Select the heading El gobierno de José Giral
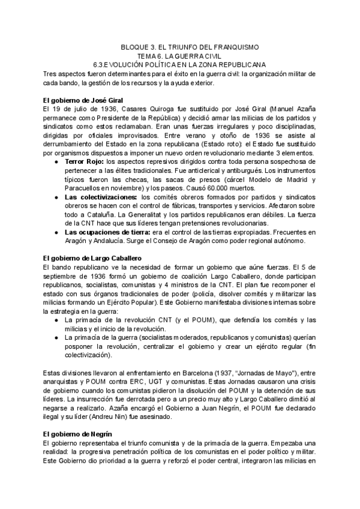84,100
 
